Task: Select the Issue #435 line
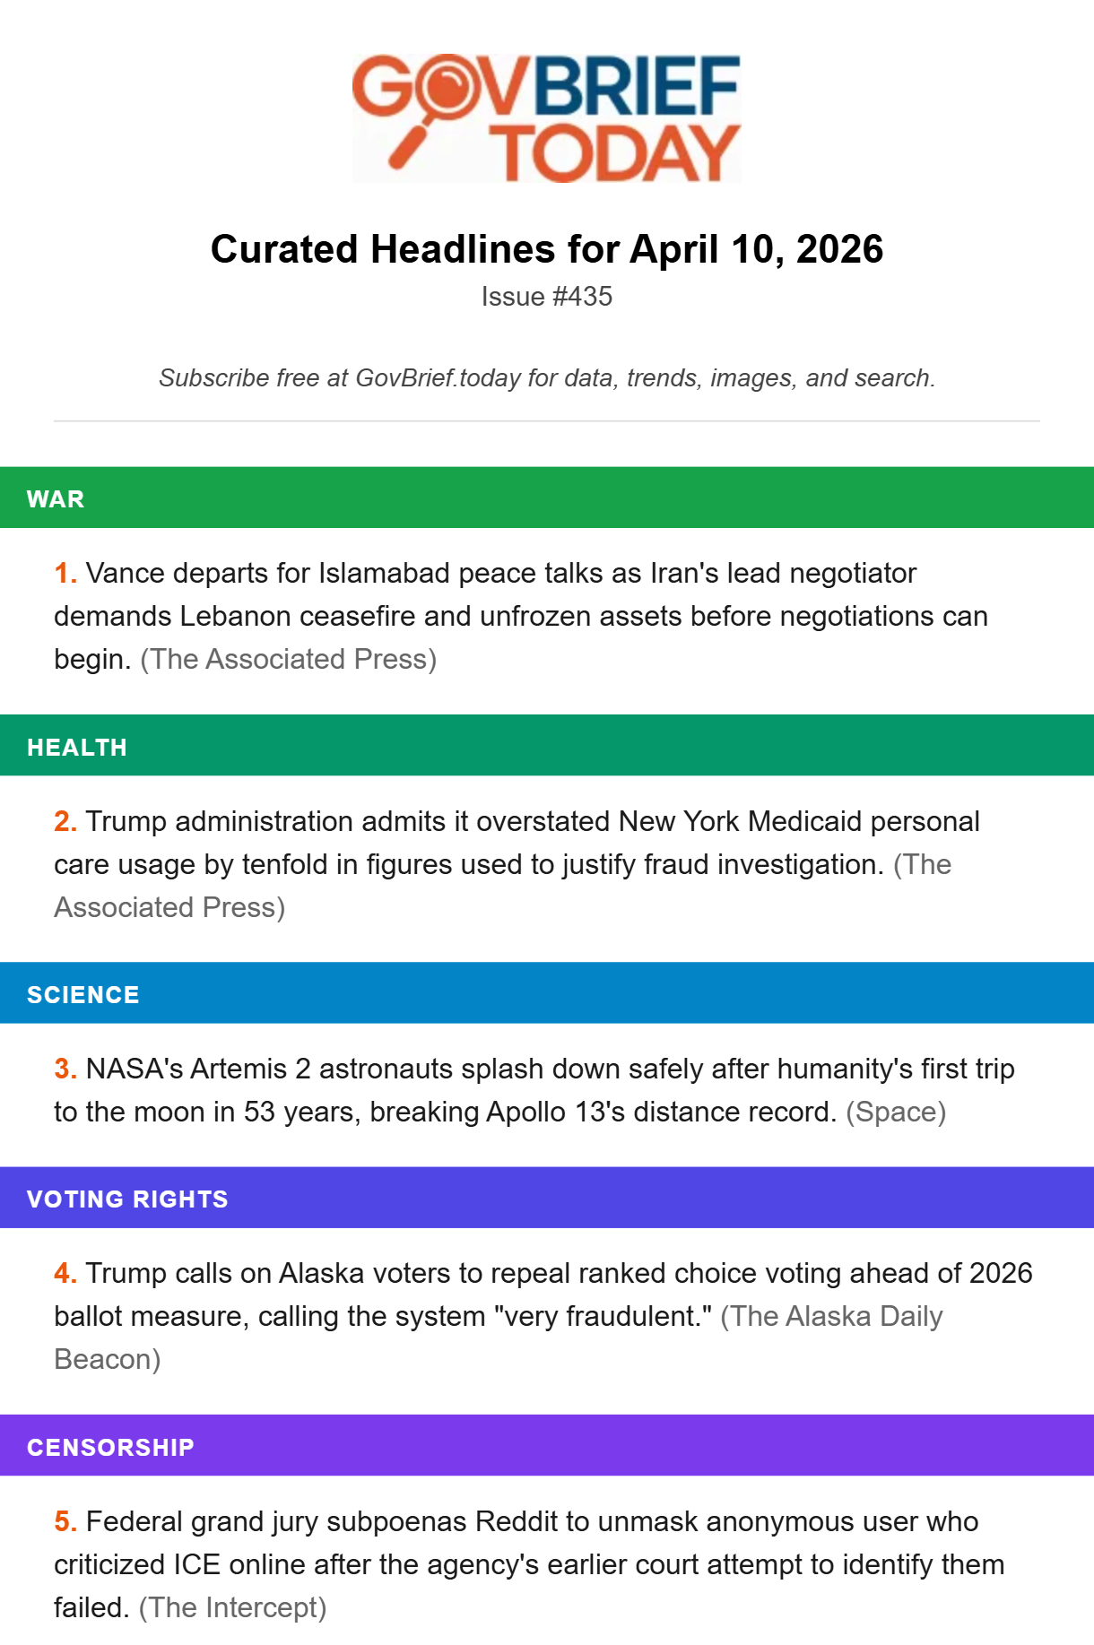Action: pyautogui.click(x=546, y=297)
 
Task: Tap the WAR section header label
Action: pyautogui.click(x=56, y=499)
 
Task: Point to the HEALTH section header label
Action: pyautogui.click(x=77, y=748)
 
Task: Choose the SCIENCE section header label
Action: pyautogui.click(x=83, y=995)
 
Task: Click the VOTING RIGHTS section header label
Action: pyautogui.click(x=127, y=1199)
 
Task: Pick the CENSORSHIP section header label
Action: pyautogui.click(x=110, y=1448)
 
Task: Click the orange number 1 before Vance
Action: pyautogui.click(x=65, y=574)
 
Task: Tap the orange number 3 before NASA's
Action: pyautogui.click(x=65, y=1069)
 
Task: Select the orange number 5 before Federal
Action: pyautogui.click(x=65, y=1522)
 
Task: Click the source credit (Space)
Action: pyautogui.click(x=896, y=1113)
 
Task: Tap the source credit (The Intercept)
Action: pyautogui.click(x=232, y=1608)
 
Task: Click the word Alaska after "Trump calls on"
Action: pyautogui.click(x=321, y=1274)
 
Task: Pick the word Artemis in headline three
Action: pyautogui.click(x=238, y=1069)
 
